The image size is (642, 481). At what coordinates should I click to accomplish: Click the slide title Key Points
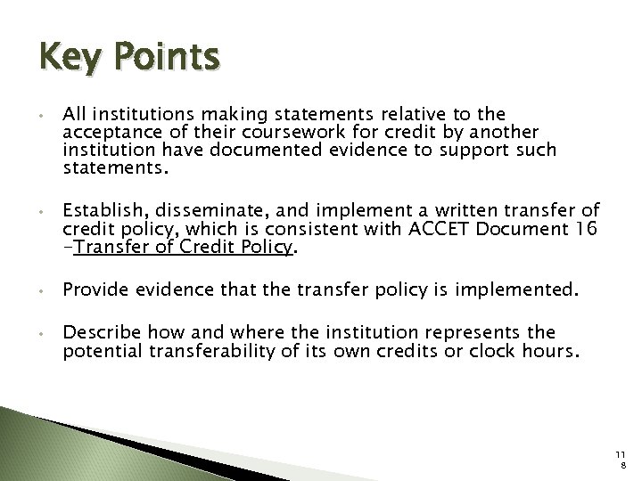point(128,59)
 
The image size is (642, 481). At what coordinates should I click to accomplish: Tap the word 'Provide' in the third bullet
point(95,290)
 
